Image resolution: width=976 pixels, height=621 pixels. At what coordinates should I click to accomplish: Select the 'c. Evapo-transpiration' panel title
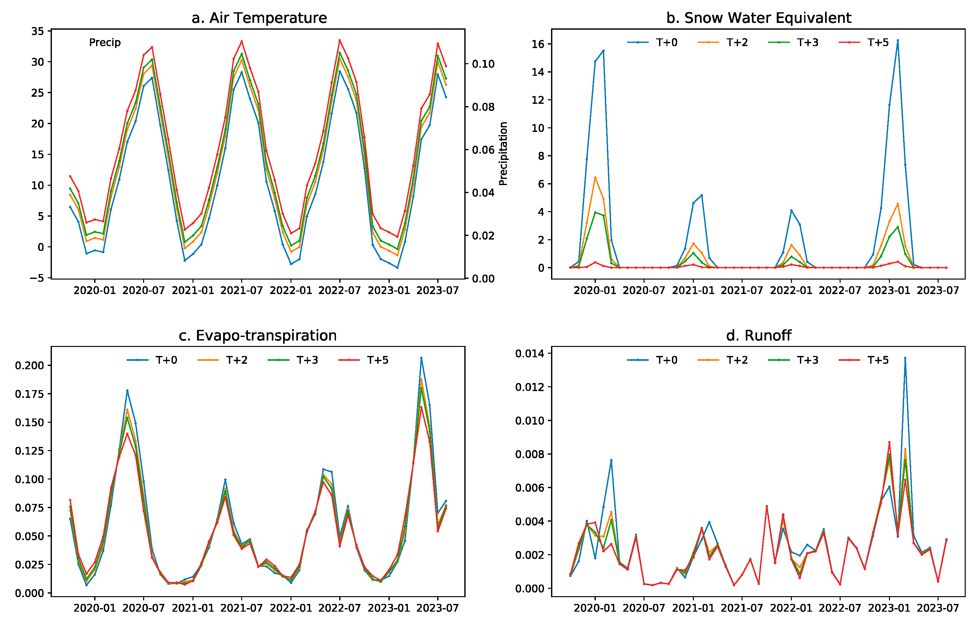(x=257, y=336)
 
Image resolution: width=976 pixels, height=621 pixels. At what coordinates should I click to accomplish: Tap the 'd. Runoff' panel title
(x=758, y=336)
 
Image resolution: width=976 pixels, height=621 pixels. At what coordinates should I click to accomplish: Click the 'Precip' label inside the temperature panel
(x=104, y=43)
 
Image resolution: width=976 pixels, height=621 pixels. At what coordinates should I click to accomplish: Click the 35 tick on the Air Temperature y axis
(x=38, y=31)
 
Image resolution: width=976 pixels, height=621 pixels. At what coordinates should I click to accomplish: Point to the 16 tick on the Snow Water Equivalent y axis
(x=538, y=44)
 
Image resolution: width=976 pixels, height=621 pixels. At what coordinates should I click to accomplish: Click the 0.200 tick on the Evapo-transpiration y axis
(x=29, y=366)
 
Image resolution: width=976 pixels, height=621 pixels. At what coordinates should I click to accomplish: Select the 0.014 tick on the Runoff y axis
(x=530, y=353)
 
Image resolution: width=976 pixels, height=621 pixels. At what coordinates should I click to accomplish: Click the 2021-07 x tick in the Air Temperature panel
(x=242, y=291)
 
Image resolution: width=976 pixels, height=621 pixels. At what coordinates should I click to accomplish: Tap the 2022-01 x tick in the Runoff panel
(x=791, y=608)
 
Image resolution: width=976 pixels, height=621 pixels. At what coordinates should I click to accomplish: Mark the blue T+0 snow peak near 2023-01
(x=898, y=41)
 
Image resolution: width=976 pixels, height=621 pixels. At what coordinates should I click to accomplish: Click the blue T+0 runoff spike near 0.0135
(x=905, y=358)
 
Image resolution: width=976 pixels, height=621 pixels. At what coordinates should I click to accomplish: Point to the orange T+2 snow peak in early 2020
(x=595, y=178)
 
